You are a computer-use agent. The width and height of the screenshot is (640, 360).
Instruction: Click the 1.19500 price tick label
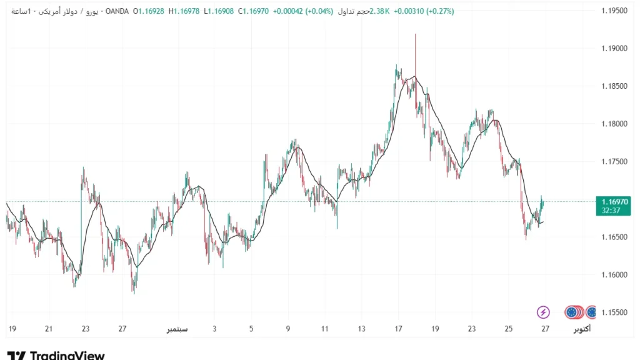pyautogui.click(x=614, y=11)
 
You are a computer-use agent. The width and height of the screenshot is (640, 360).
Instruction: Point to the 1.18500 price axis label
pyautogui.click(x=614, y=86)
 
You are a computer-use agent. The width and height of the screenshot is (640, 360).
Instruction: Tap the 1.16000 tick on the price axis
pyautogui.click(x=614, y=275)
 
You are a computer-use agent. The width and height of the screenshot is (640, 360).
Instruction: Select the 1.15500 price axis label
pyautogui.click(x=614, y=312)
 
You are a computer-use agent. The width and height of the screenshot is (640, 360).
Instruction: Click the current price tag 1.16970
pyautogui.click(x=615, y=202)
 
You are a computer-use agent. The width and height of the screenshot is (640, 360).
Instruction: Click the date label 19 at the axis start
pyautogui.click(x=12, y=329)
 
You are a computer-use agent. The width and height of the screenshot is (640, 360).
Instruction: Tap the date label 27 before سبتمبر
pyautogui.click(x=122, y=329)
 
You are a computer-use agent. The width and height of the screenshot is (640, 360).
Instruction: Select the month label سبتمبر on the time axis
pyautogui.click(x=178, y=329)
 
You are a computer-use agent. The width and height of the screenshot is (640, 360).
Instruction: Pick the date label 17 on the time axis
pyautogui.click(x=399, y=329)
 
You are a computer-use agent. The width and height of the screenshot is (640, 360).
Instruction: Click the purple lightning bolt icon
pyautogui.click(x=543, y=312)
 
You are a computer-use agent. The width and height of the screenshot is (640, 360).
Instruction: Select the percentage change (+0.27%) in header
pyautogui.click(x=440, y=11)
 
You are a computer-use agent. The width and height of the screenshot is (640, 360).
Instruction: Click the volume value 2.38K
pyautogui.click(x=380, y=11)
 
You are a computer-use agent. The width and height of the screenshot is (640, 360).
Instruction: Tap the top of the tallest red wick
pyautogui.click(x=415, y=34)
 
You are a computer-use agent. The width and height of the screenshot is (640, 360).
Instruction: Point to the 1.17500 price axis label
pyautogui.click(x=614, y=162)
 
